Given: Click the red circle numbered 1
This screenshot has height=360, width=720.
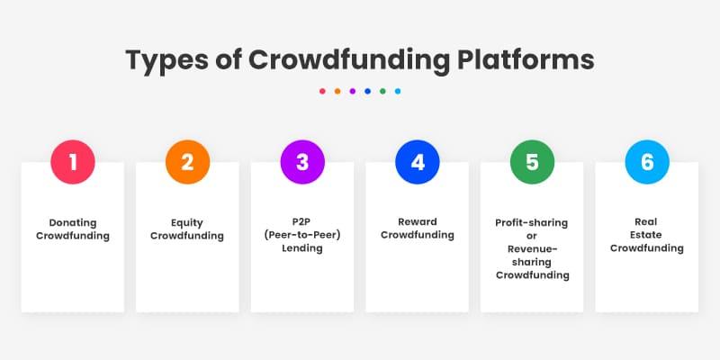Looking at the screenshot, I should pos(73,163).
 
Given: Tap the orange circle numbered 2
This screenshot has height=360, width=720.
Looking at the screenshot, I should pos(187,163).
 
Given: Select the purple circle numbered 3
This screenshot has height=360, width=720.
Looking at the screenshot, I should pos(302,163).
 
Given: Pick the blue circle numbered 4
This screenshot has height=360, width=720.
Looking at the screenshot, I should pos(418,163).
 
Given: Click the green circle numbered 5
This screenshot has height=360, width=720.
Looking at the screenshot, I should pos(532,163).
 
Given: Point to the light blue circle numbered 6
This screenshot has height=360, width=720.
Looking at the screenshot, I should pos(647,163).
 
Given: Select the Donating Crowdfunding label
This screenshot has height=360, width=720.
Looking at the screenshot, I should pos(73,229).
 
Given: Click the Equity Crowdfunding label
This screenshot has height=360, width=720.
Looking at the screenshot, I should pos(187,229).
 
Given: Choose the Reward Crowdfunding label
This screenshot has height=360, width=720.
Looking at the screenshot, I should pos(418,229).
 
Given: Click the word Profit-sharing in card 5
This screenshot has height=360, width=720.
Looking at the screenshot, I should pos(532,222).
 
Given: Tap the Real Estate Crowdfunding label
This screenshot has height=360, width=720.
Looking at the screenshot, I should pos(647,235).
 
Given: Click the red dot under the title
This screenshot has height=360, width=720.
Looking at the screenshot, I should pos(322,91).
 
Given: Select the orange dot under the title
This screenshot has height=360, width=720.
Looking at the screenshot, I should pos(337,91).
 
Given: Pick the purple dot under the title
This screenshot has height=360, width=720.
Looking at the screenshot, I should pos(352,91).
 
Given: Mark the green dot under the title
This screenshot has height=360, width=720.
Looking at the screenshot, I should pos(382,91).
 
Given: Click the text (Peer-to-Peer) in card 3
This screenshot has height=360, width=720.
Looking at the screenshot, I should pos(302,235).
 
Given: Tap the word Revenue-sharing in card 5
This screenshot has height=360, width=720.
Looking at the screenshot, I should pos(532,255).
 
